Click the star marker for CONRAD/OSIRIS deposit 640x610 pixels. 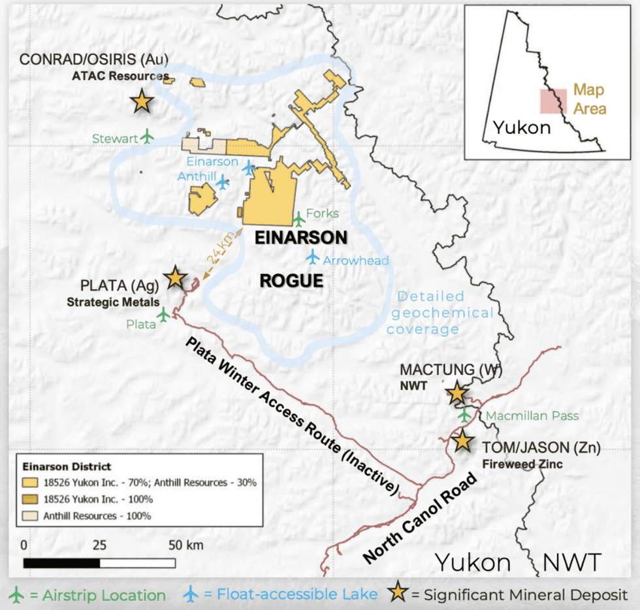141,101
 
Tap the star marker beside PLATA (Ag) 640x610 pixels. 175,278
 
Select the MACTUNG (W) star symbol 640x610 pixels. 456,393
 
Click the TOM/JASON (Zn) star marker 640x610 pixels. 462,440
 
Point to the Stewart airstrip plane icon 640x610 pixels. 148,136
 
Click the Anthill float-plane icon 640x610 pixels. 223,182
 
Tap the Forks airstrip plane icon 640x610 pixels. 298,218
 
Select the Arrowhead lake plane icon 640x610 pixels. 313,257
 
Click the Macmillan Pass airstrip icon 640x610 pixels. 464,415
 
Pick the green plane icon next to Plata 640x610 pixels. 163,315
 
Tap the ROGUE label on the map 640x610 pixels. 291,281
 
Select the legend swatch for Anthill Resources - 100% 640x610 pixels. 30,515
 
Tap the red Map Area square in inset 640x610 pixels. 552,102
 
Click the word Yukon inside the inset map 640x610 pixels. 521,127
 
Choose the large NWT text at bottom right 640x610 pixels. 571,562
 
